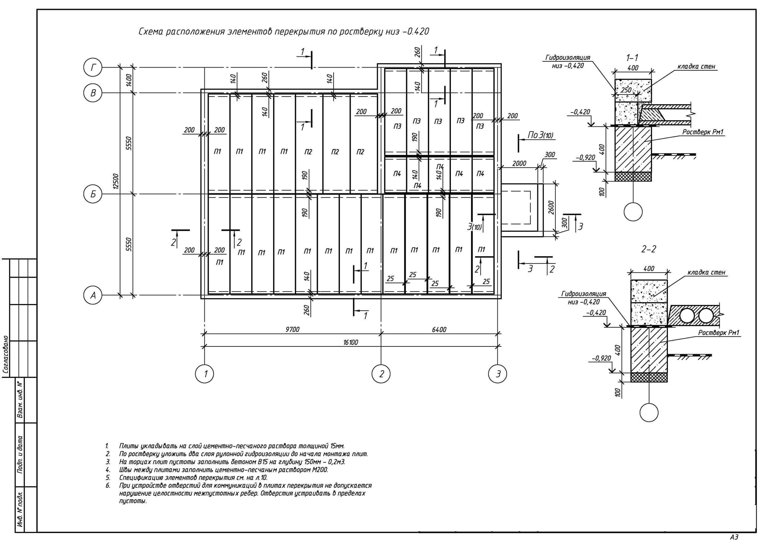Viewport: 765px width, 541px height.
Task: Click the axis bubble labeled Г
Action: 93,68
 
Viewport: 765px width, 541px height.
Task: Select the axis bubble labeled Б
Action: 93,194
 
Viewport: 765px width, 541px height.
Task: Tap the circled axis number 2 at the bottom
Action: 381,374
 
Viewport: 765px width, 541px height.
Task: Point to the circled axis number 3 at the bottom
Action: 497,374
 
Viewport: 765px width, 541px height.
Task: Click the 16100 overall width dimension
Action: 350,342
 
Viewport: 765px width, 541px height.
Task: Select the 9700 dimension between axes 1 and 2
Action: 292,329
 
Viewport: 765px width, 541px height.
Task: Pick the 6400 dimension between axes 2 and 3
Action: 439,329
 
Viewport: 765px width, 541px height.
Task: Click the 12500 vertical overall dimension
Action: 116,181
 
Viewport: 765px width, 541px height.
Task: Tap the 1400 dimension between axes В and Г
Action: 129,80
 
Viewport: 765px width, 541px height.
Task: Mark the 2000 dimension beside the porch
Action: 519,163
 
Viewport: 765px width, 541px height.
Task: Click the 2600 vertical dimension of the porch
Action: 551,207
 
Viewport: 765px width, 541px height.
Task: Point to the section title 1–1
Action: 632,58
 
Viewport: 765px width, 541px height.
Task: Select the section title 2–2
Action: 648,249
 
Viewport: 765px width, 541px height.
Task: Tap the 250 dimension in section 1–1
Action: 626,90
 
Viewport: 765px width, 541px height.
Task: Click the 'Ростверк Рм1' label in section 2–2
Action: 719,332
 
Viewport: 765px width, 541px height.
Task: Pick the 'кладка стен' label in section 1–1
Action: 696,66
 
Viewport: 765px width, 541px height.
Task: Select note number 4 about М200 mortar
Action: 223,470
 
